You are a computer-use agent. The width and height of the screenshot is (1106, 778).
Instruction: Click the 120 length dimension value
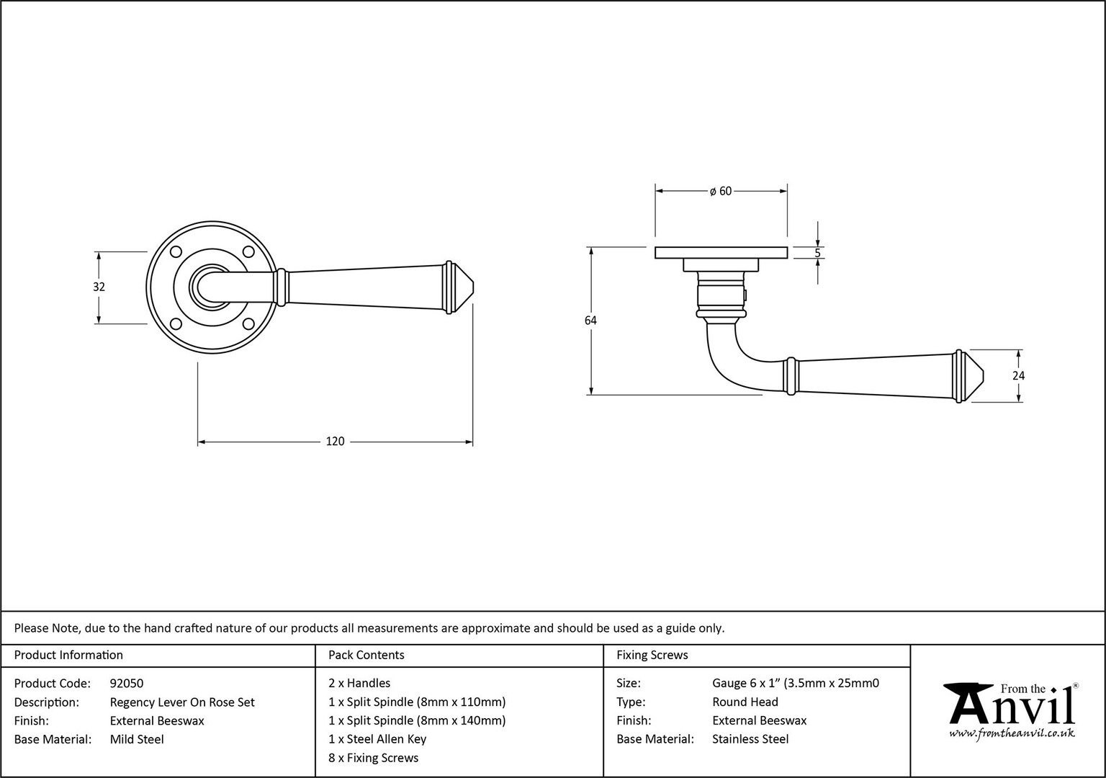(335, 441)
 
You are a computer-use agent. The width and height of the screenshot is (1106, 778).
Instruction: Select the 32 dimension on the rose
(99, 287)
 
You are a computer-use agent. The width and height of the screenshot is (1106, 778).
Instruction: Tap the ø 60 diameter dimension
(720, 191)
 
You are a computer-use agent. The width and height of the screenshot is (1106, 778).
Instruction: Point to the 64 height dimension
(590, 321)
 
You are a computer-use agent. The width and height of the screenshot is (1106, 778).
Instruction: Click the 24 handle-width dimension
(1019, 376)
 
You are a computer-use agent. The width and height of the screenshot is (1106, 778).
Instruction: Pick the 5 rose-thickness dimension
(817, 253)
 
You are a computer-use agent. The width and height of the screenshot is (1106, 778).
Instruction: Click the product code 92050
(127, 684)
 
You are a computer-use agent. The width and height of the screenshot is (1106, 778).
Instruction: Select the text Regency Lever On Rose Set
(182, 702)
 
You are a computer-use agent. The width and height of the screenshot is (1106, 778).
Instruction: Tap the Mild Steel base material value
(137, 740)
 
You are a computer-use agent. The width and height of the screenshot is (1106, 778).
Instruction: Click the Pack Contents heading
(367, 655)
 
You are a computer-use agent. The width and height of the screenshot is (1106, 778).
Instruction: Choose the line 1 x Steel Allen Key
(377, 739)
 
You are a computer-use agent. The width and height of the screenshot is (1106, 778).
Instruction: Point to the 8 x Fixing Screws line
(373, 758)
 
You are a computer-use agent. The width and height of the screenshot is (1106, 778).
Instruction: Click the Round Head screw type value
(745, 702)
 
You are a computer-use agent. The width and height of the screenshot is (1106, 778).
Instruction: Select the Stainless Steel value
(750, 739)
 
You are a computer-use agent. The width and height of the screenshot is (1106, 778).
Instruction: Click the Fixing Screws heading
(652, 655)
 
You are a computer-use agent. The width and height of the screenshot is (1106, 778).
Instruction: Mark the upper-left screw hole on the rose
(176, 252)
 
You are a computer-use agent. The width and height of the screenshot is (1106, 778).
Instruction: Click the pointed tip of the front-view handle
(474, 287)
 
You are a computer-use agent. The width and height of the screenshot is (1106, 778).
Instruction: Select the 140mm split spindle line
(417, 720)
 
